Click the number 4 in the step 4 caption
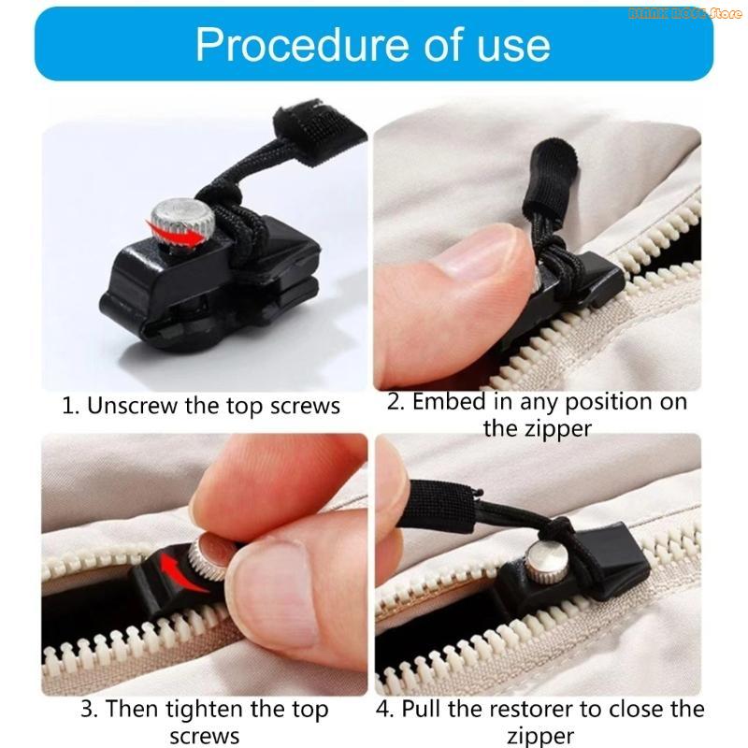(x=382, y=709)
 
